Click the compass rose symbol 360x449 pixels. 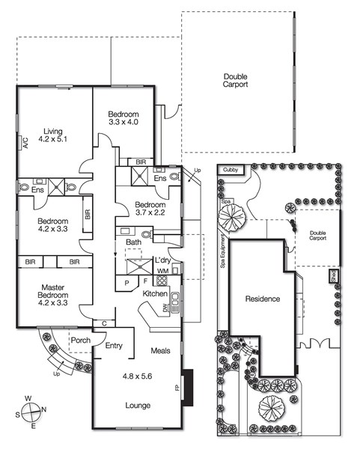[31, 413]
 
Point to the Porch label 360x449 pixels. [79, 342]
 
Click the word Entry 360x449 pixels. [114, 346]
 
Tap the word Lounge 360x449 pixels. [138, 405]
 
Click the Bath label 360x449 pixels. [134, 242]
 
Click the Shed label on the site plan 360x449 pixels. [333, 276]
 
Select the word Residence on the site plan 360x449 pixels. [262, 299]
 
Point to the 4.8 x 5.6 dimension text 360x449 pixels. [138, 378]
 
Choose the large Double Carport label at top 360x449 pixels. [235, 81]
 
